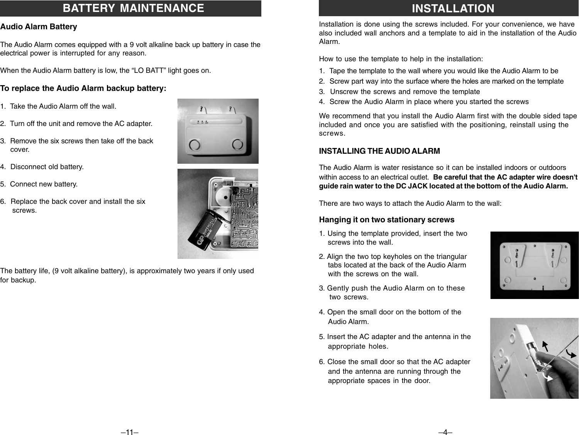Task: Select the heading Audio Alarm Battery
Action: (39, 27)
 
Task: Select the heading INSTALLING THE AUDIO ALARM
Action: (379, 151)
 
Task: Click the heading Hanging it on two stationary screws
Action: (386, 220)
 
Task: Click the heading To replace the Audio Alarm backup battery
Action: (83, 88)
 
